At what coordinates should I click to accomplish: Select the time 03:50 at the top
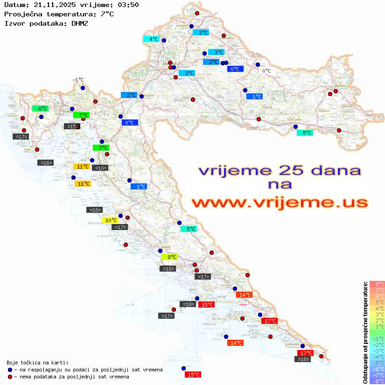tap(126, 5)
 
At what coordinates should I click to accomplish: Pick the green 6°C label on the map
tap(40, 109)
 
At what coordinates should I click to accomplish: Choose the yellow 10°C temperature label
tap(111, 220)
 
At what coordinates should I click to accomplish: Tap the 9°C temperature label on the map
tap(169, 257)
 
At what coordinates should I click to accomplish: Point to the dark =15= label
tap(72, 126)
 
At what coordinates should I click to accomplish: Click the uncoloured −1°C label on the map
tap(78, 80)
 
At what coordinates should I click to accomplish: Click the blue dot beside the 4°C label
tap(164, 40)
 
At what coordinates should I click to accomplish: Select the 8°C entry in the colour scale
tap(377, 284)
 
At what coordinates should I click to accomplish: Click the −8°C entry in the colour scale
tap(377, 381)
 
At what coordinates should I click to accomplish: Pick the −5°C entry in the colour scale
tap(377, 363)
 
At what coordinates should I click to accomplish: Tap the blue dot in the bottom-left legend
tap(10, 370)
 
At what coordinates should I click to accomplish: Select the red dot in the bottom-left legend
tap(10, 377)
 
